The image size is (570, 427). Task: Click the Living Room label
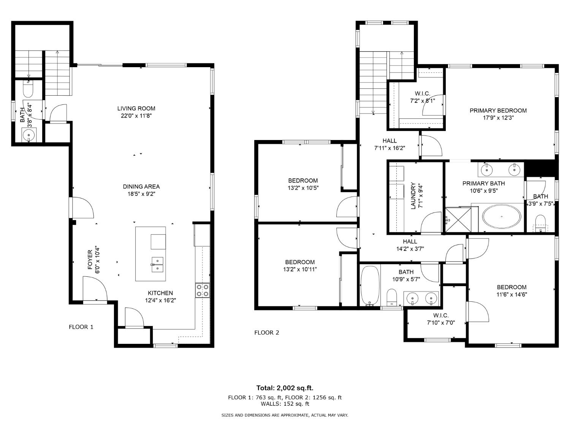click(x=136, y=109)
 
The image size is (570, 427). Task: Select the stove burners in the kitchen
click(x=202, y=290)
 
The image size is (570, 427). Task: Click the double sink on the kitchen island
click(x=157, y=264)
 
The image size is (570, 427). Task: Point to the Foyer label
click(x=90, y=260)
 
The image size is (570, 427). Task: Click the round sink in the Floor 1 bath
click(x=29, y=134)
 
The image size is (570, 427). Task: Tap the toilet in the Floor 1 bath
click(x=28, y=90)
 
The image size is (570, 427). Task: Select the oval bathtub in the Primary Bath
click(x=502, y=217)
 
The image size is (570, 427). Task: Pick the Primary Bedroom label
click(x=498, y=111)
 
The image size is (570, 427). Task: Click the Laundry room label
click(x=413, y=196)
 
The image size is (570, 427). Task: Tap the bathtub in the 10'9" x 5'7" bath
click(x=370, y=285)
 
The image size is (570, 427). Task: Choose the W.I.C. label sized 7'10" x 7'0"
click(x=441, y=315)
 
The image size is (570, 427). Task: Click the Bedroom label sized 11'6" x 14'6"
click(x=511, y=287)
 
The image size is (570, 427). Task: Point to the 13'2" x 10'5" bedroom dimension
click(x=303, y=188)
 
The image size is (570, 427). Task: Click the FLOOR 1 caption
click(x=81, y=327)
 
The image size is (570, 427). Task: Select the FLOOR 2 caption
click(x=266, y=332)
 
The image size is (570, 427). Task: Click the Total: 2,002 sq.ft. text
click(x=285, y=388)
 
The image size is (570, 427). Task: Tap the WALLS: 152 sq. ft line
click(x=285, y=404)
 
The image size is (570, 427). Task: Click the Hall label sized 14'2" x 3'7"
click(x=410, y=241)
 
